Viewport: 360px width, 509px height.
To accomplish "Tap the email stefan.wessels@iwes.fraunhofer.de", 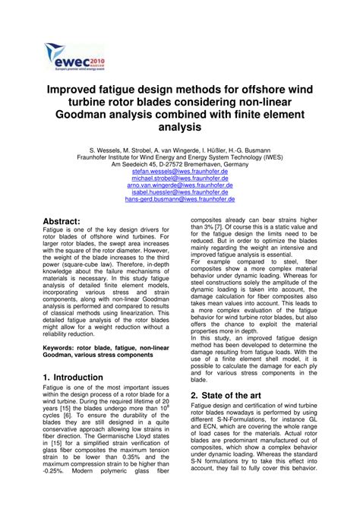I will pos(180,173).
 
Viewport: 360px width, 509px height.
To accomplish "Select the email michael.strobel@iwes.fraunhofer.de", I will pos(180,182).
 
